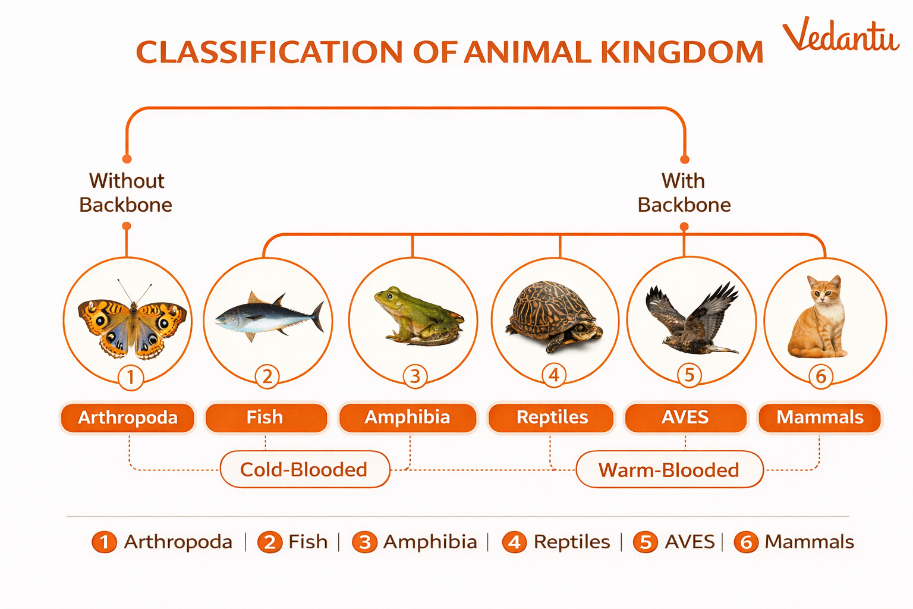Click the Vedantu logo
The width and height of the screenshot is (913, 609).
click(840, 36)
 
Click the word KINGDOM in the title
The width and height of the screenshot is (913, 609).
click(682, 52)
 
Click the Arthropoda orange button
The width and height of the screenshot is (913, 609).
click(128, 417)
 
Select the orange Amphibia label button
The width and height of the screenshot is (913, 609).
click(407, 417)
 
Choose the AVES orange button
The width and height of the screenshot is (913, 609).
click(685, 417)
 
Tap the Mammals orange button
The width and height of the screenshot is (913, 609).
click(820, 417)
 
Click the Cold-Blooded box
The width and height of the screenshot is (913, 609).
click(304, 470)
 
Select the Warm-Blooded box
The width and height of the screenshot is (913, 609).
click(669, 470)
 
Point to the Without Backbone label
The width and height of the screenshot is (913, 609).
click(126, 193)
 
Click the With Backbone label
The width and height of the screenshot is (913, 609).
click(684, 193)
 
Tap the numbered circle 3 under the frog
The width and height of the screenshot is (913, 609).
click(415, 376)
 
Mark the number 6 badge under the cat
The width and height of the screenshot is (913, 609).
click(821, 376)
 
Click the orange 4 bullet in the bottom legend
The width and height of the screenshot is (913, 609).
click(514, 542)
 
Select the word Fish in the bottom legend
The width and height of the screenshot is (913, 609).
click(308, 542)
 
